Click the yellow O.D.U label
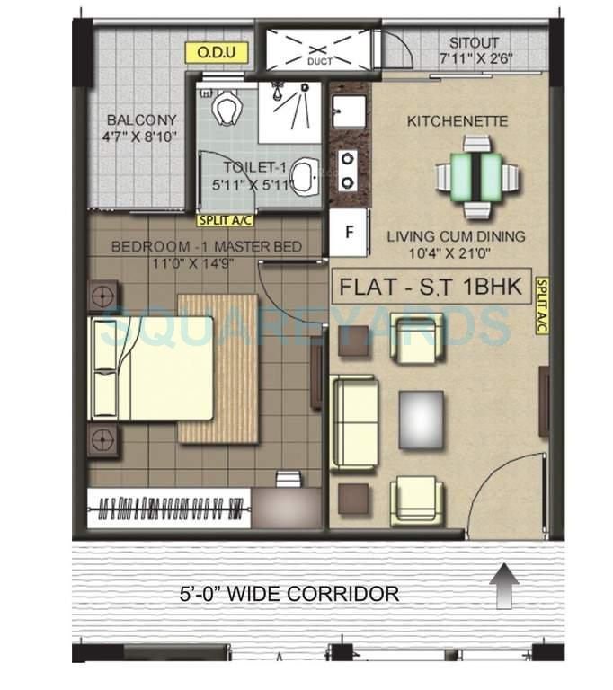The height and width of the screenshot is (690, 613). click(x=216, y=53)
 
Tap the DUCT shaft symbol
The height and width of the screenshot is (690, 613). click(x=315, y=52)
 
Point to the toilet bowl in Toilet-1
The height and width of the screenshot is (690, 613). click(x=227, y=109)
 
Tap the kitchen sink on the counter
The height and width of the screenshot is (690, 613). click(x=347, y=113)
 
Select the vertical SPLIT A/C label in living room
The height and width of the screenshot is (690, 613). click(x=541, y=305)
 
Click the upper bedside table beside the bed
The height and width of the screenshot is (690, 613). click(x=104, y=295)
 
